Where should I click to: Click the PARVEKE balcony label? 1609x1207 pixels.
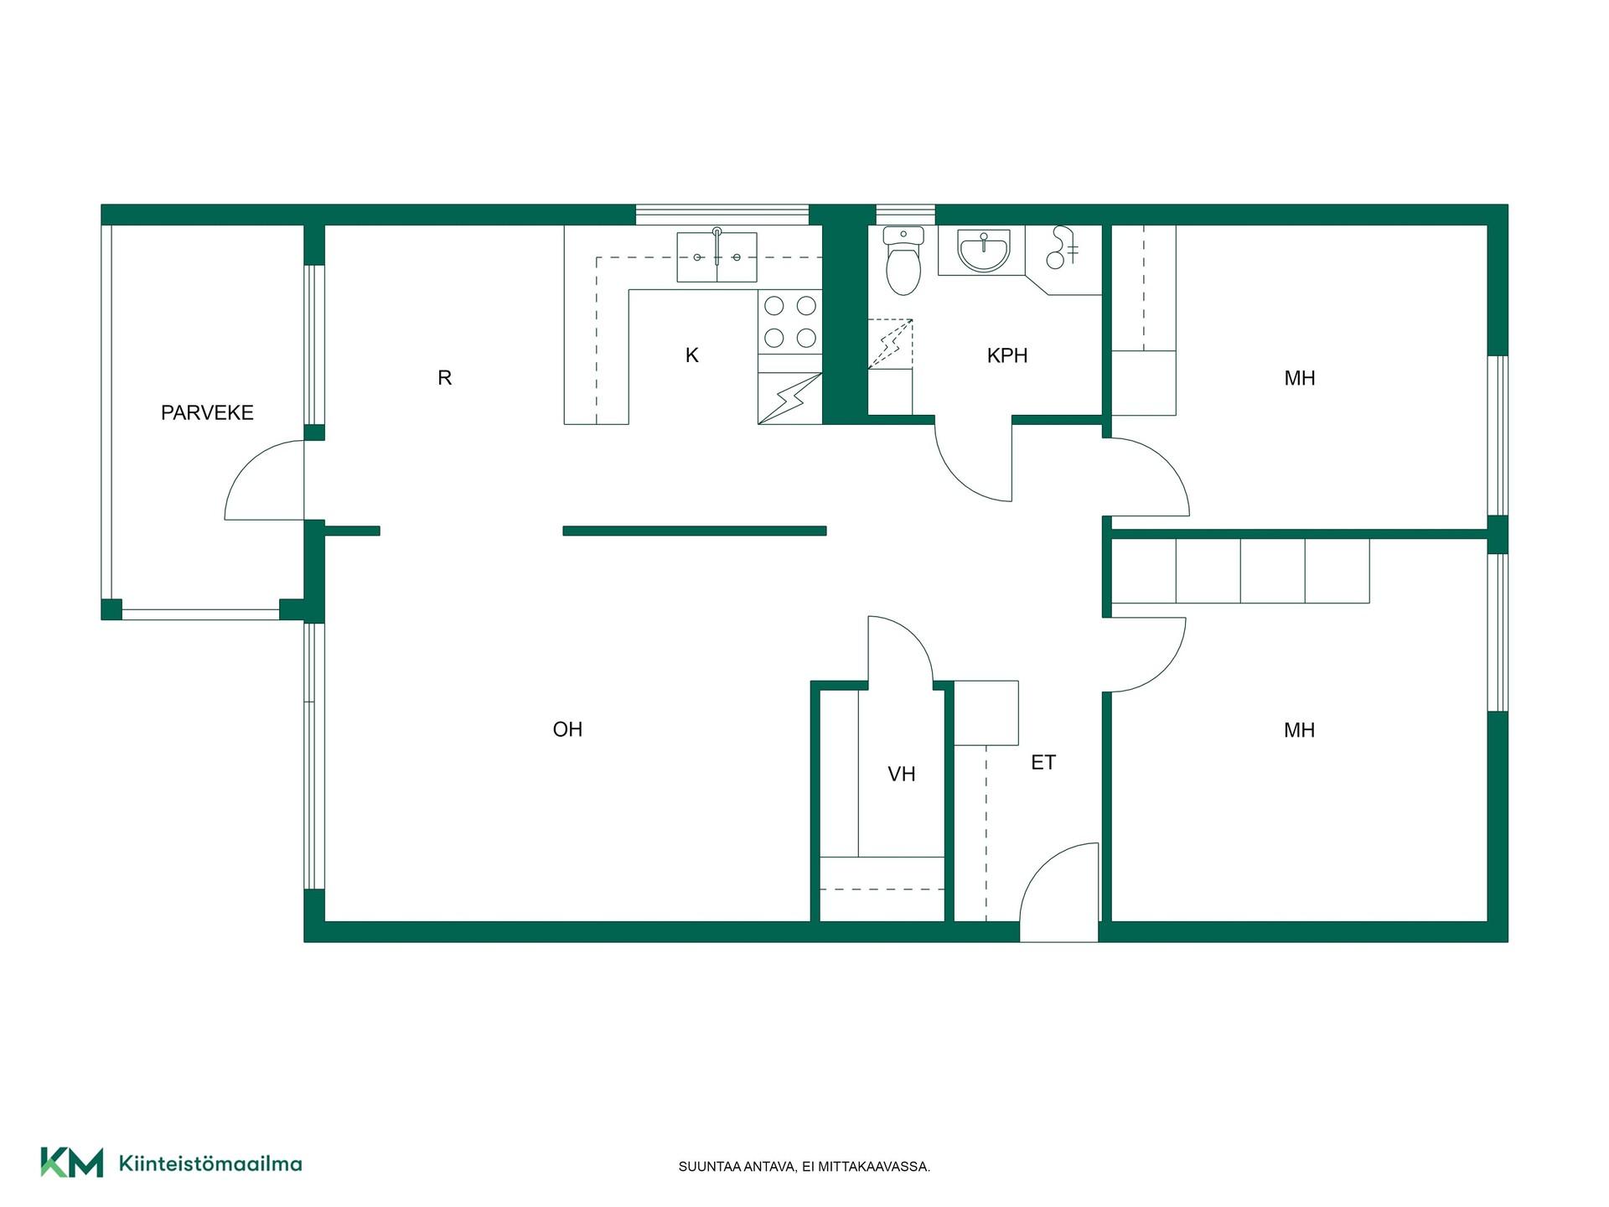tap(207, 412)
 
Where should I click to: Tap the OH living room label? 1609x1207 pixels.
tap(567, 729)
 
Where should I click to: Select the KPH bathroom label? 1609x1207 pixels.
tap(1007, 355)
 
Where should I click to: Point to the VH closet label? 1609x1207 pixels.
tap(902, 774)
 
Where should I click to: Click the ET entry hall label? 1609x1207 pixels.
tap(1043, 762)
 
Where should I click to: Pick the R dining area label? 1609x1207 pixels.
tap(445, 378)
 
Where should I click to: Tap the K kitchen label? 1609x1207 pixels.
tap(692, 355)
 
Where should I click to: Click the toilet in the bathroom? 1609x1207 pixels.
tap(903, 260)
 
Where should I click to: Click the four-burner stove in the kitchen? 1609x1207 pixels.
tap(790, 321)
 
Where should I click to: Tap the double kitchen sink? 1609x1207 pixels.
tap(717, 257)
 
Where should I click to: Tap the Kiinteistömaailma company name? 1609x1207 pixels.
tap(210, 1163)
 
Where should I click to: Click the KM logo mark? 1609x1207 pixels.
tap(72, 1163)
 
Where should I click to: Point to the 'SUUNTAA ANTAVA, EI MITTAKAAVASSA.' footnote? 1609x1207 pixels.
tap(804, 1167)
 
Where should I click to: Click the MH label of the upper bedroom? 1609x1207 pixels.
tap(1300, 378)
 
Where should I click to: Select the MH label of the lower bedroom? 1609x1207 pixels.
tap(1300, 730)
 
